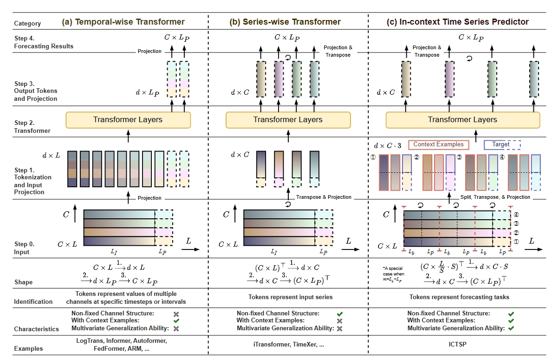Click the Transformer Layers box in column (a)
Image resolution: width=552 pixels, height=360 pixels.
click(x=128, y=120)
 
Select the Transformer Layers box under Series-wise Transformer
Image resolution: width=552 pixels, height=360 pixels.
click(x=287, y=120)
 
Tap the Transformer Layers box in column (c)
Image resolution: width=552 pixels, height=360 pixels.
click(x=462, y=120)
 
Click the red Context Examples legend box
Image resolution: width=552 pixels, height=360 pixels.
click(x=439, y=144)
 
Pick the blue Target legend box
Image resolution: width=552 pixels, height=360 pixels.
click(x=502, y=144)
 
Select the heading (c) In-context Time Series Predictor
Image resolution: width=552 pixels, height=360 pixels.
click(x=457, y=22)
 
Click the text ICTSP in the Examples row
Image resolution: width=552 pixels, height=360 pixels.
click(x=458, y=345)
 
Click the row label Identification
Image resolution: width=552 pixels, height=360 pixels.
click(x=33, y=302)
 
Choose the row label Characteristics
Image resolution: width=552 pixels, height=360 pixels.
click(x=36, y=329)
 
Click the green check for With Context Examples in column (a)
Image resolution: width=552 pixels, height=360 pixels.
click(x=176, y=321)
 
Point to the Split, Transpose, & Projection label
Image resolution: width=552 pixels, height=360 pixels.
click(x=495, y=197)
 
